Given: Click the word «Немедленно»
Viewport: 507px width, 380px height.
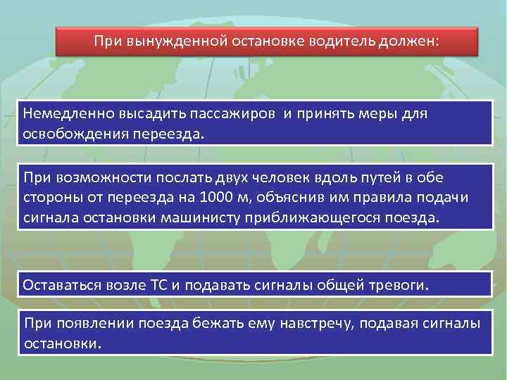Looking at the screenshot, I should coord(64,113).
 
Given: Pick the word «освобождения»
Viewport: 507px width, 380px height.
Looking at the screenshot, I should coord(70,133).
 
